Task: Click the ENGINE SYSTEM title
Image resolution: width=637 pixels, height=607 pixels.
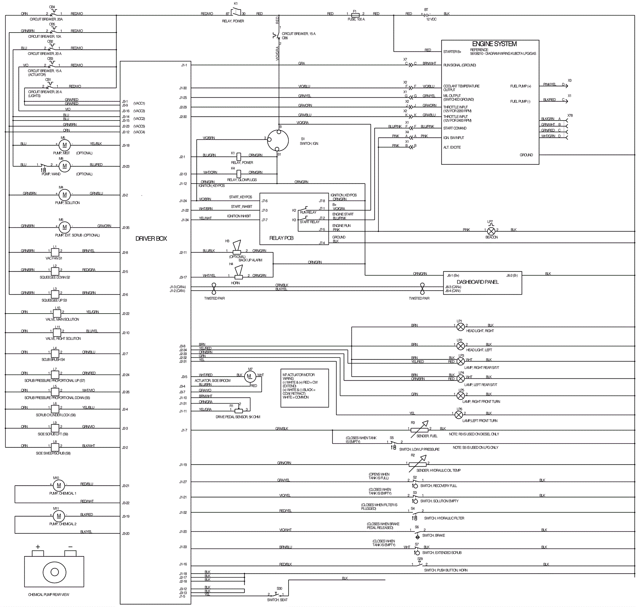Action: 494,44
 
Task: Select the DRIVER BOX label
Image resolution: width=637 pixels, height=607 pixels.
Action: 151,238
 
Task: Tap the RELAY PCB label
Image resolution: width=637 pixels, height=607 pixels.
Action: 281,238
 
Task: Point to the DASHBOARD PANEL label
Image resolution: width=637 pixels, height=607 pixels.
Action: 477,282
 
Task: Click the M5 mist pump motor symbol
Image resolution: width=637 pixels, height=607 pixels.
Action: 64,145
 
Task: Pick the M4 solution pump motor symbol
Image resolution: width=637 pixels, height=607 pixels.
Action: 64,195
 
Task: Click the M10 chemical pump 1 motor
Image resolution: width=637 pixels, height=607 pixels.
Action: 59,485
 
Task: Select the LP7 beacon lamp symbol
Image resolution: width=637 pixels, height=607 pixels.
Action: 491,231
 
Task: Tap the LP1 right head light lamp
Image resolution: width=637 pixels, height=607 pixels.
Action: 461,327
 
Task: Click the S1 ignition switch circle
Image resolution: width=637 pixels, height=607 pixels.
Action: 277,140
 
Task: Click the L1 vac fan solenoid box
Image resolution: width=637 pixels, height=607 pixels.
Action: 55,252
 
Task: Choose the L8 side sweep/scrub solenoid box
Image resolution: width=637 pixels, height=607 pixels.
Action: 55,447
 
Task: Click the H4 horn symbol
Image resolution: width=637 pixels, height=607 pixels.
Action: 238,276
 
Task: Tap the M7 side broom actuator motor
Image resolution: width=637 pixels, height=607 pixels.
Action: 250,376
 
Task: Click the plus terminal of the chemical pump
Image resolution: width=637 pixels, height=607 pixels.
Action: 38,553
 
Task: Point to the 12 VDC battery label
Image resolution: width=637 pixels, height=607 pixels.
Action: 431,19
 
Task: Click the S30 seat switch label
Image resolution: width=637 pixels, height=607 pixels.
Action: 279,588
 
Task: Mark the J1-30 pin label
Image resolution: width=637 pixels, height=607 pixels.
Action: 183,88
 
